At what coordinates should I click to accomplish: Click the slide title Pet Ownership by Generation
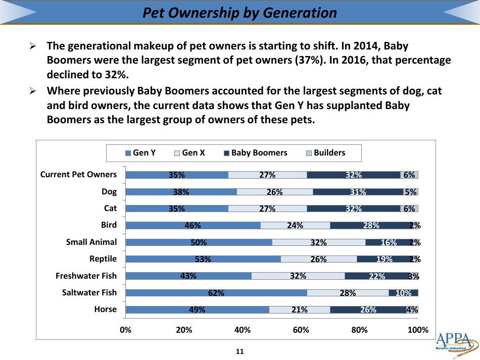(239, 13)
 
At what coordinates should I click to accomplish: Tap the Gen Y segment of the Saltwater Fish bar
(216, 293)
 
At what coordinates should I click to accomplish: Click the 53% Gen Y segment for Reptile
(203, 259)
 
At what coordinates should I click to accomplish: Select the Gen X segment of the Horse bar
(299, 310)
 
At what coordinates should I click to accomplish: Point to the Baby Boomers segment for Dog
(358, 192)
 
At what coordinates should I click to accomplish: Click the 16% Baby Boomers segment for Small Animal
(388, 242)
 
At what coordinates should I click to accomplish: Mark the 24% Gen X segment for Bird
(295, 225)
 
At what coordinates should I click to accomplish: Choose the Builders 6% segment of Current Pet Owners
(409, 175)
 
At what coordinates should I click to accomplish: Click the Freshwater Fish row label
(86, 276)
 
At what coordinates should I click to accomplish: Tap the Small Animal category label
(91, 242)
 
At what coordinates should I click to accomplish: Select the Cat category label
(110, 208)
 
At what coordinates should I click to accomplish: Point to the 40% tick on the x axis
(243, 330)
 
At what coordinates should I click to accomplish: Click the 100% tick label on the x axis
(418, 330)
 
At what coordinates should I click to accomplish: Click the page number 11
(240, 351)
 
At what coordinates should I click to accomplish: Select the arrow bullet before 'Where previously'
(32, 91)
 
